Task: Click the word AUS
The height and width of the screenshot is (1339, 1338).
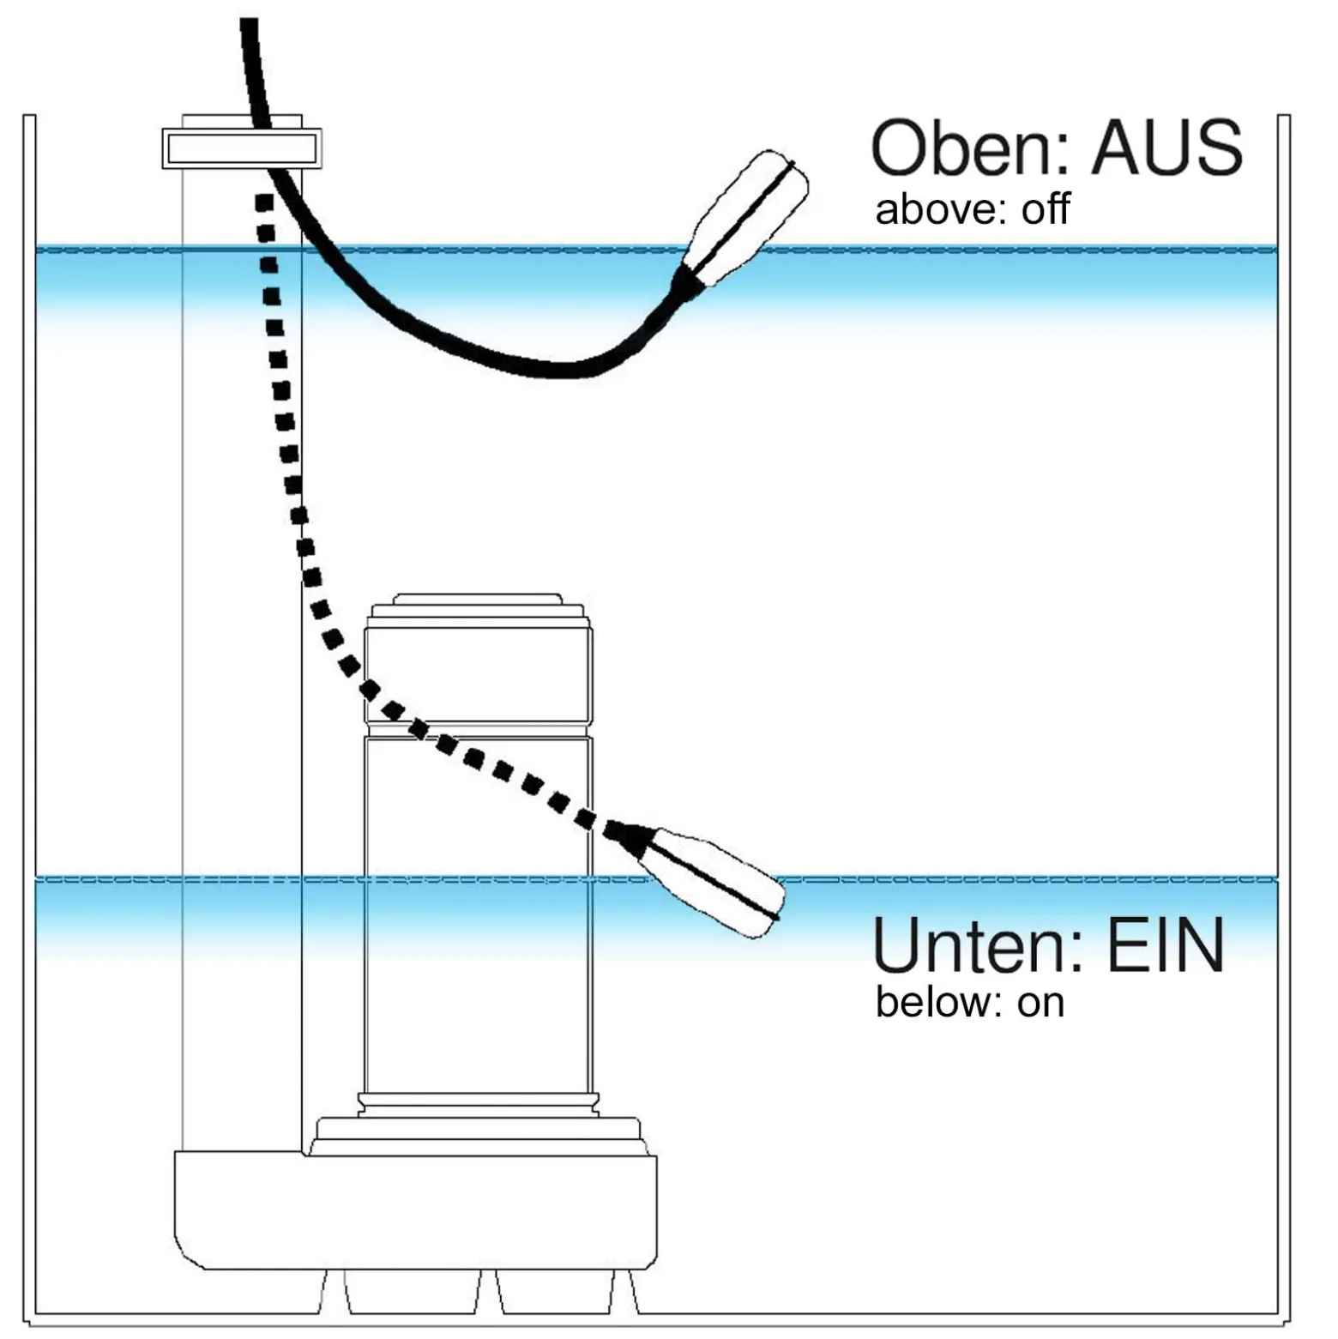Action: coord(1167,148)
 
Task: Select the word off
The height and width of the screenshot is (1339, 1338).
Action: coord(1046,210)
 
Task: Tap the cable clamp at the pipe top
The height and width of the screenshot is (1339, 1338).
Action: coord(242,148)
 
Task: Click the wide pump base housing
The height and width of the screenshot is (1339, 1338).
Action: coord(415,1210)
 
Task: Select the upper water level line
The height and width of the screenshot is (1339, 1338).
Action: coord(656,250)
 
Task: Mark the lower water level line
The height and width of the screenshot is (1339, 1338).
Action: coord(656,879)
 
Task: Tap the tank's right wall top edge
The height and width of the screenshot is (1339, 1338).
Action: coord(1284,115)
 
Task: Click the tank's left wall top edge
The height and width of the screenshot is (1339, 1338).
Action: coord(29,115)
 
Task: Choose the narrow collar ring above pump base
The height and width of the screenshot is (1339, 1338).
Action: coord(478,1104)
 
